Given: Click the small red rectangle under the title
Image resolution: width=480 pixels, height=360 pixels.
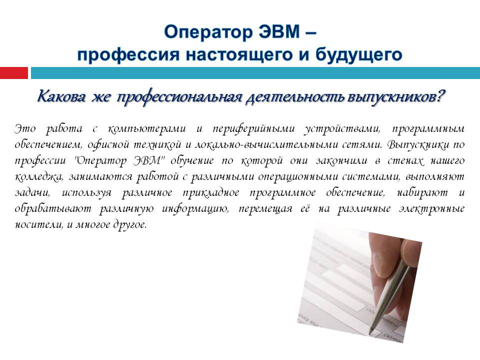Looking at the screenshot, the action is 14,73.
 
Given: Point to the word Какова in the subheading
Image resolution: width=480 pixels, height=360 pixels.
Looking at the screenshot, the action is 61,96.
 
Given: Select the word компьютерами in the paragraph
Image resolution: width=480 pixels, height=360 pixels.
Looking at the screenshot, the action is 146,128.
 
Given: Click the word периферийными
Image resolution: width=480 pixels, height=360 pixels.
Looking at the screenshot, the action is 253,128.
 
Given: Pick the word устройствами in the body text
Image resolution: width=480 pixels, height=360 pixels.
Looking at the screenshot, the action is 342,129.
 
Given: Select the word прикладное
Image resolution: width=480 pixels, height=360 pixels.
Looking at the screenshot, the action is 211,193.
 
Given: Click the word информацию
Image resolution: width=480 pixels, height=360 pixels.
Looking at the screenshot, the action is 195,209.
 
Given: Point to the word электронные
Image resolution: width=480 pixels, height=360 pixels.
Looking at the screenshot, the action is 431,209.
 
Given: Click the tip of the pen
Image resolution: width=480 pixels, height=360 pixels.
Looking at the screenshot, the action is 370,332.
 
